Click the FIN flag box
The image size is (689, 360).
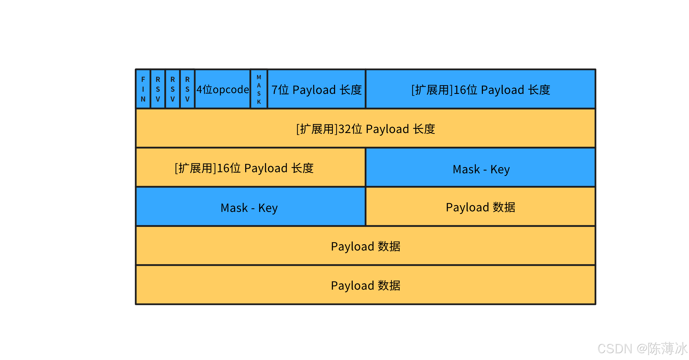click(143, 89)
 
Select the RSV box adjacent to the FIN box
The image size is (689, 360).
click(158, 89)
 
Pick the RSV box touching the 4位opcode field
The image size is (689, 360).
click(187, 89)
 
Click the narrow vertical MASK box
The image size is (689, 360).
click(259, 89)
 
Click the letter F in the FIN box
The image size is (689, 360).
click(143, 79)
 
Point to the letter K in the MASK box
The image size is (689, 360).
click(259, 102)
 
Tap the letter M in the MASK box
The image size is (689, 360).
click(259, 77)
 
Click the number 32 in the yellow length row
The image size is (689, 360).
click(344, 129)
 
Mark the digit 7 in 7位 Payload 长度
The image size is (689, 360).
click(274, 90)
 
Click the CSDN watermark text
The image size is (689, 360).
click(615, 348)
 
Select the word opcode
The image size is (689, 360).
click(231, 90)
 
